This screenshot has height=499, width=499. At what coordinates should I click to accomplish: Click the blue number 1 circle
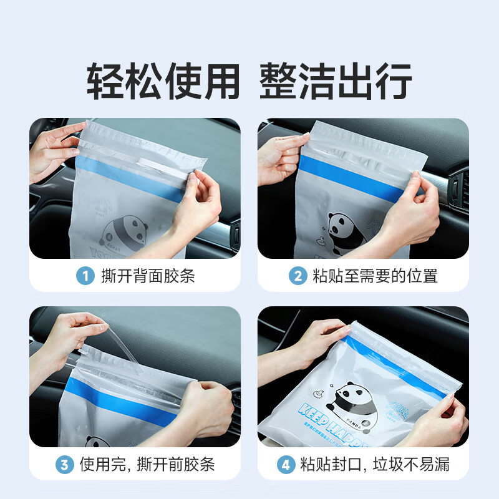tap(85, 275)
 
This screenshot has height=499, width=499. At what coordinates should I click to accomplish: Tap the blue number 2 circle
tap(297, 275)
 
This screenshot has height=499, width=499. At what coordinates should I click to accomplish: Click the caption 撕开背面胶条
tap(148, 275)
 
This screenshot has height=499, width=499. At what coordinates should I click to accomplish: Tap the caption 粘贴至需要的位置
tap(375, 275)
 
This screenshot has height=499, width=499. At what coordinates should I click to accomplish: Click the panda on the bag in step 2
tap(344, 230)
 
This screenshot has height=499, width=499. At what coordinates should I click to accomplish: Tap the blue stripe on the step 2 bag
tap(349, 178)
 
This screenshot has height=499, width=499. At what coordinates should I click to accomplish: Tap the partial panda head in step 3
tap(99, 442)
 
